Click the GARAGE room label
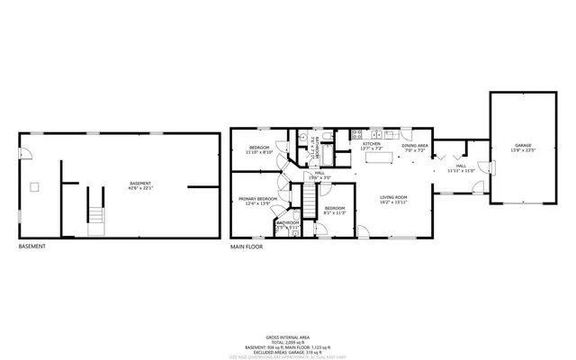(523, 146)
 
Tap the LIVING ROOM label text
(393, 197)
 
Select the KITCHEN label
(371, 144)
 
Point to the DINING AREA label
(415, 145)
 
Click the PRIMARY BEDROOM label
(257, 198)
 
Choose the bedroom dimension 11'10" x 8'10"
(259, 152)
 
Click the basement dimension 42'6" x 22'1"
(141, 188)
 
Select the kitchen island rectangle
(379, 159)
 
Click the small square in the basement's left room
(35, 186)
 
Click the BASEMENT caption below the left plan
(32, 246)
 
